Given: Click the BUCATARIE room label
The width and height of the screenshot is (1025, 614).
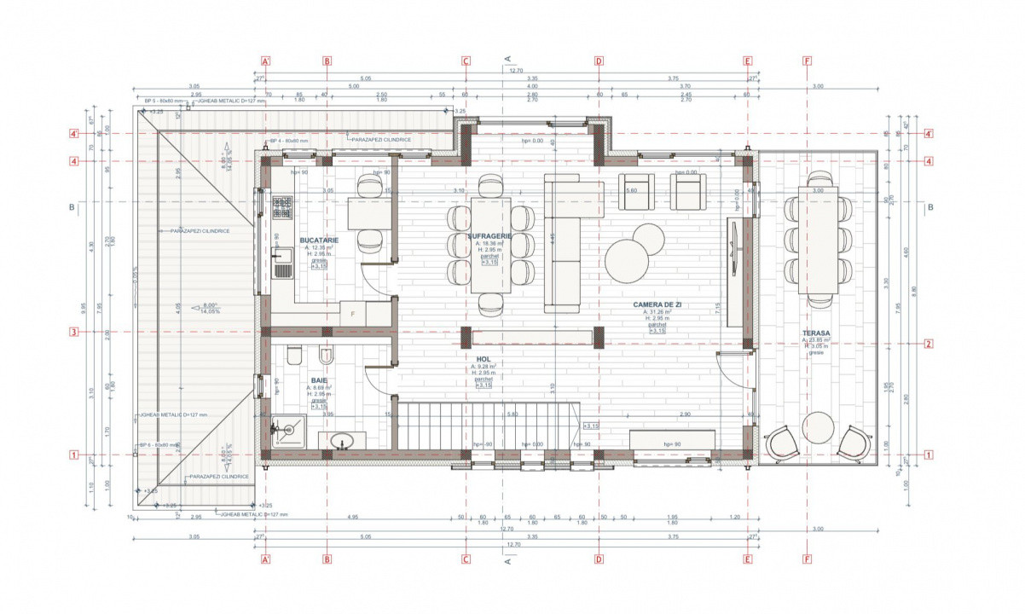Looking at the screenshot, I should (x=319, y=240).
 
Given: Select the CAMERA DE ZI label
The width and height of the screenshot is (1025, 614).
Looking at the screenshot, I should (x=657, y=304).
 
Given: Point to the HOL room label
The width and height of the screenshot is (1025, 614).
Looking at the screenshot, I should (x=483, y=360).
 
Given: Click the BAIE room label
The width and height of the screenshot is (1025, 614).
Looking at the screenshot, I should (x=319, y=380).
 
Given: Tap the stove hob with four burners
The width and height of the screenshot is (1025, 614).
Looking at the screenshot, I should (x=281, y=207).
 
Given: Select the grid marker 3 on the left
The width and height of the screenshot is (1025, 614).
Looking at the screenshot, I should (x=74, y=333).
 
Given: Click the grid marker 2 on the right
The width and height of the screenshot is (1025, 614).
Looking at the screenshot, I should (x=928, y=345).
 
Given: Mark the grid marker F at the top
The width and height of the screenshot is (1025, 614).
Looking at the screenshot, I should (x=807, y=61).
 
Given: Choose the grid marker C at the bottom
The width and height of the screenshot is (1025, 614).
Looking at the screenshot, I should (x=466, y=560).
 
